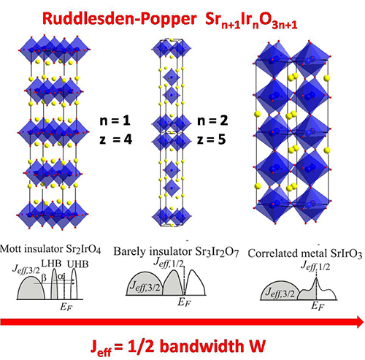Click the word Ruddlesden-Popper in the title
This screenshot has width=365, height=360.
click(x=120, y=18)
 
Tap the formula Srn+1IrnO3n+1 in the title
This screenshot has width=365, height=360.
click(x=251, y=20)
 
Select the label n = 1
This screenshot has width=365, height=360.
click(x=115, y=120)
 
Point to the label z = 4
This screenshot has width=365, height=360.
click(x=115, y=139)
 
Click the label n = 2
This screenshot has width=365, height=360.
click(x=212, y=120)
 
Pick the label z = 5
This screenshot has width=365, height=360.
click(x=211, y=139)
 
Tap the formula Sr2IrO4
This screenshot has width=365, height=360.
click(x=83, y=249)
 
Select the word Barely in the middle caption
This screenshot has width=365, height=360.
click(x=129, y=251)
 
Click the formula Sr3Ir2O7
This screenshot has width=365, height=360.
click(x=217, y=252)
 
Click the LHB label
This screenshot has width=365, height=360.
click(x=51, y=264)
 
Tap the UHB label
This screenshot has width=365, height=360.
click(x=77, y=264)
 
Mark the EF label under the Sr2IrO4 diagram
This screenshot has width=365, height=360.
click(x=66, y=307)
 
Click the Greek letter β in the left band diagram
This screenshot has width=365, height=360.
click(x=44, y=278)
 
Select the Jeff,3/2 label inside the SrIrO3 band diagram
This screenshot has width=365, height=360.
click(x=280, y=293)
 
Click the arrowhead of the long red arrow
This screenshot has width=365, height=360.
click(x=360, y=322)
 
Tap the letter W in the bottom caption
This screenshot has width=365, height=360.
click(x=255, y=346)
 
